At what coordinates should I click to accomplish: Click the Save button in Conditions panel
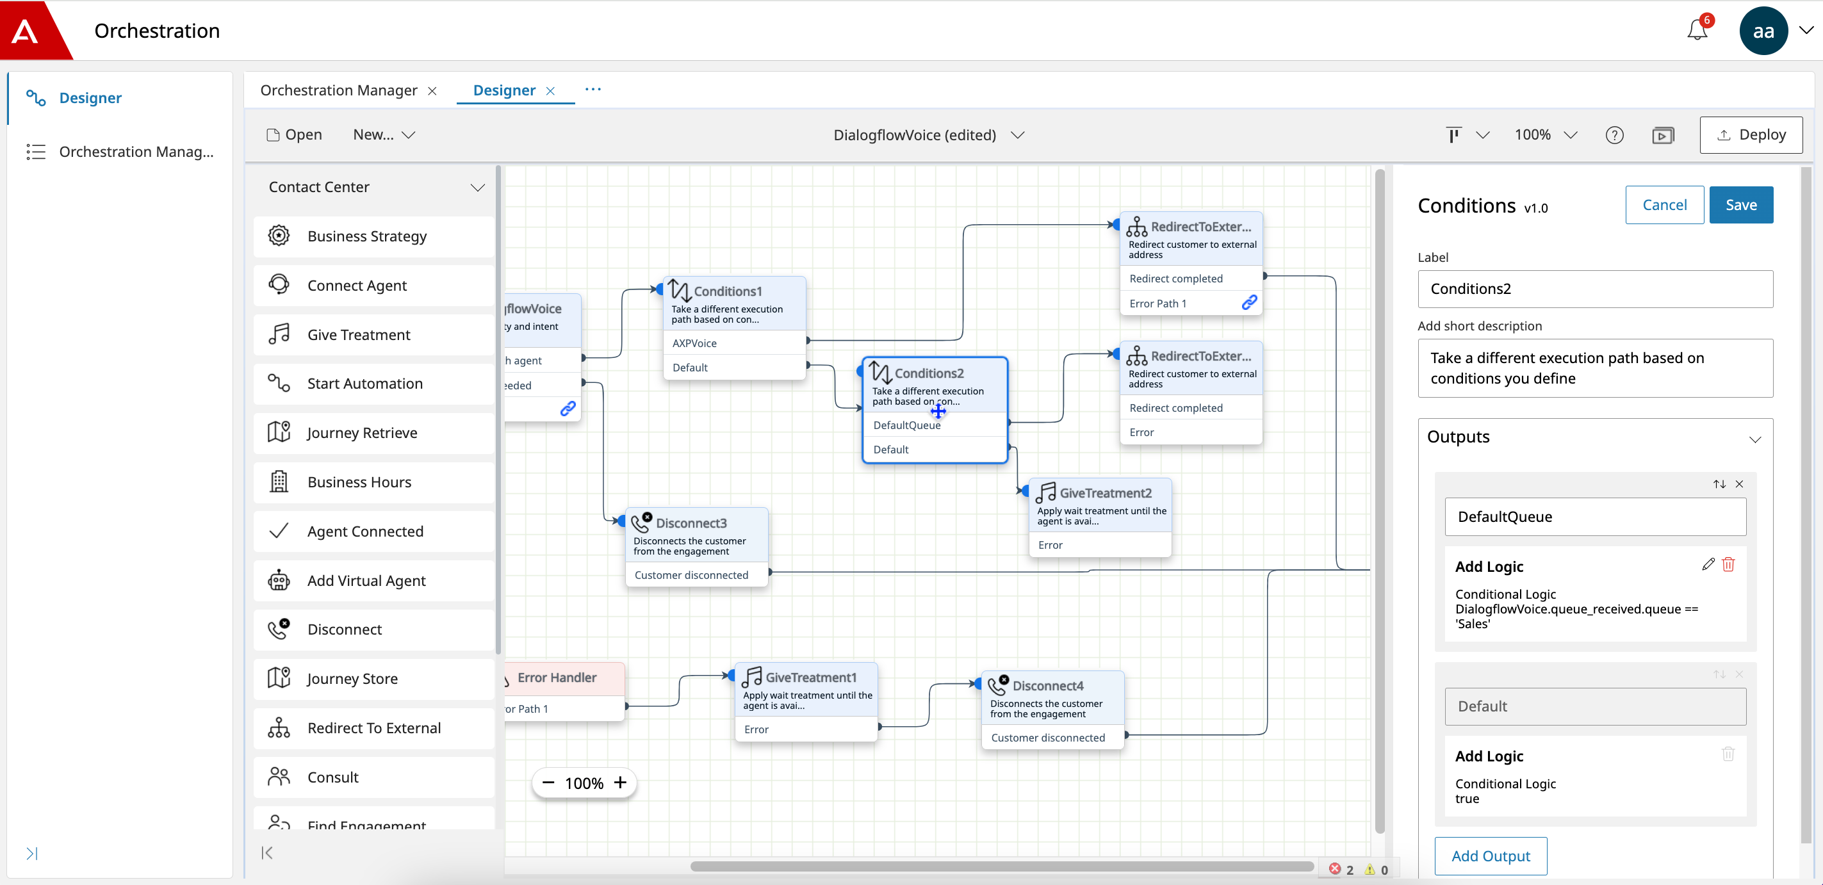tap(1740, 205)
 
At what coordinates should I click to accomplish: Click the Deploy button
tap(1751, 135)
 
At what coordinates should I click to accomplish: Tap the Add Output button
tap(1491, 856)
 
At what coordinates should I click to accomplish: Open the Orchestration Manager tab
tap(338, 90)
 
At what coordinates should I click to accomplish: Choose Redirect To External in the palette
tap(373, 728)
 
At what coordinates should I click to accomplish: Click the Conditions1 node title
tap(728, 291)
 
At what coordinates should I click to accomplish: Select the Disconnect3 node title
tap(691, 523)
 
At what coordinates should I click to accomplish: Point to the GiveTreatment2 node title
tap(1105, 493)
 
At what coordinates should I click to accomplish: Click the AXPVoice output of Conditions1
tap(694, 344)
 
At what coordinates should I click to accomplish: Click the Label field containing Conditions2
tap(1595, 289)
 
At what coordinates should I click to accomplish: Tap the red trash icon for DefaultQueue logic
tap(1728, 565)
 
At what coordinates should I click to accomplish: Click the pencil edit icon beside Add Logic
tap(1708, 565)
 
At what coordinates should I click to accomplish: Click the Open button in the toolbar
tap(295, 135)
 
